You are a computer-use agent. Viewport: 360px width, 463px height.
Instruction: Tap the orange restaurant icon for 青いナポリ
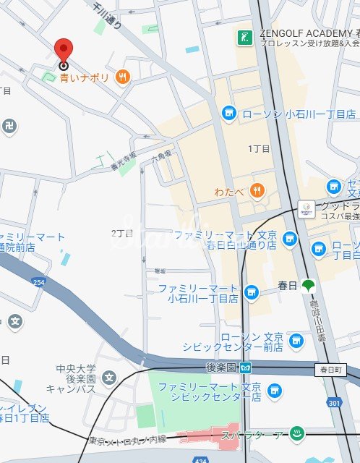[x=123, y=76]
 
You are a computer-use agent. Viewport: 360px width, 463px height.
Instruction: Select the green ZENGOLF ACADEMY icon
[x=245, y=36]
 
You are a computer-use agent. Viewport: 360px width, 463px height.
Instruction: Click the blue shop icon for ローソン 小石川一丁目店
[x=228, y=114]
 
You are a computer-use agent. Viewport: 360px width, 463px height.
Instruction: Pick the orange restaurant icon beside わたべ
[x=256, y=191]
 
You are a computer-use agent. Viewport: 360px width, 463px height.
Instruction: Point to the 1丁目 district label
[x=259, y=148]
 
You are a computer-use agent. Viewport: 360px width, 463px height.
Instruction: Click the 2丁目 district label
[x=122, y=233]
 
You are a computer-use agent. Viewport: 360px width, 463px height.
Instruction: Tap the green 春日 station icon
[x=309, y=286]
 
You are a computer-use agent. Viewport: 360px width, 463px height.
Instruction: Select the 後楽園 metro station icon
[x=246, y=367]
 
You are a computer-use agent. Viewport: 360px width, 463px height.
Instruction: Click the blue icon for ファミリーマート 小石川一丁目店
[x=251, y=292]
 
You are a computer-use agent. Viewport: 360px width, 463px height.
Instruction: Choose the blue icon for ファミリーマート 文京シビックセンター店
[x=273, y=391]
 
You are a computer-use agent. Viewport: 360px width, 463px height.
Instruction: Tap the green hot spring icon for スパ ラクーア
[x=296, y=434]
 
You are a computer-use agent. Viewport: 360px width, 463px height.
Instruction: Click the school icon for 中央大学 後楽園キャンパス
[x=108, y=377]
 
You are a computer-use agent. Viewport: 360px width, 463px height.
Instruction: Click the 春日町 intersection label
[x=332, y=370]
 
